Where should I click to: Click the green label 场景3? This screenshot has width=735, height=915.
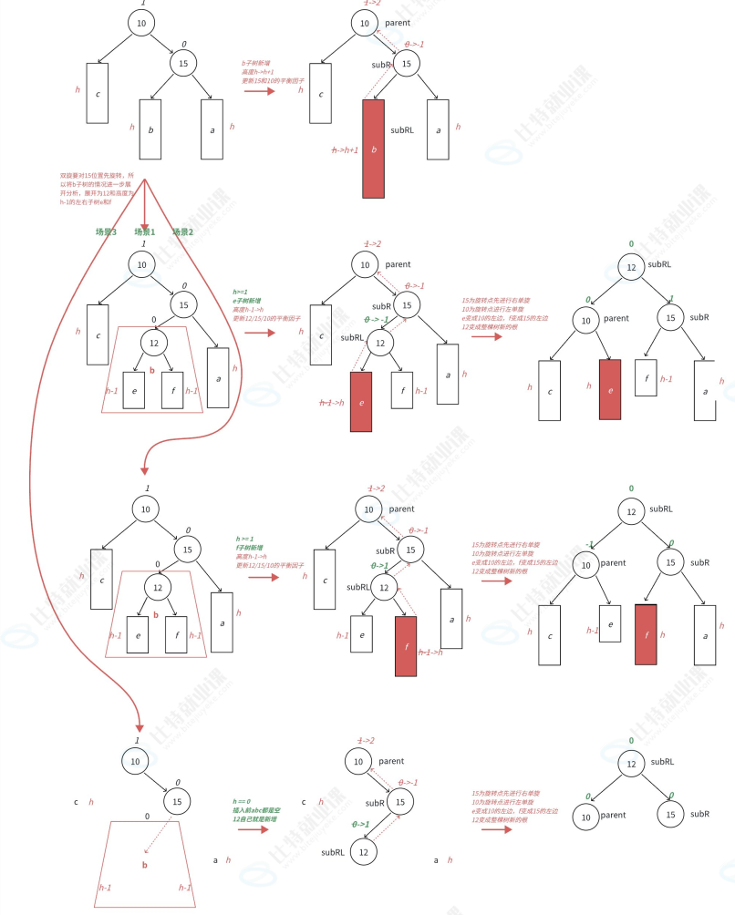point(106,231)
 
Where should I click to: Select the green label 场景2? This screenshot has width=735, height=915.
point(182,231)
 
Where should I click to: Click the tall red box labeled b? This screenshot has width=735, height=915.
point(374,148)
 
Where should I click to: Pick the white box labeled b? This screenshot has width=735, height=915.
point(150,129)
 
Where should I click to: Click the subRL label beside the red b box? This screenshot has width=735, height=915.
point(402,130)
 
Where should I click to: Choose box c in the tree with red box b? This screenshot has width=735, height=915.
point(318,93)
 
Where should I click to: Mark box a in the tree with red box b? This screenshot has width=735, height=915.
point(438,129)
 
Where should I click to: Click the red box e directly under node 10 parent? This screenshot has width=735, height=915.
point(610,389)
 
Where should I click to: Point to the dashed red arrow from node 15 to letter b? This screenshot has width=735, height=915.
point(161,837)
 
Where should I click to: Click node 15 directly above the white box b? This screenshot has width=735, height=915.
point(183,63)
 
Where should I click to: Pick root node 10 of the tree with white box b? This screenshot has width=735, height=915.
point(142,23)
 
